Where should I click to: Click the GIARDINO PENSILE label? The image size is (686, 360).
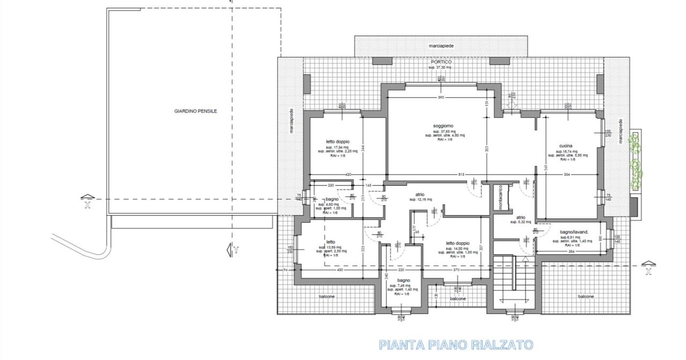coord(196,111)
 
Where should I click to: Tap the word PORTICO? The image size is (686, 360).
coord(440,62)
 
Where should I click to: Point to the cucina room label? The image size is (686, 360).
coord(566,146)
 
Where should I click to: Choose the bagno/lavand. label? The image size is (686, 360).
coord(575,232)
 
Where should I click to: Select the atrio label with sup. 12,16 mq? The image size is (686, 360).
coord(420,194)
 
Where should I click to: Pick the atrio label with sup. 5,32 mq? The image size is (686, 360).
coord(520,217)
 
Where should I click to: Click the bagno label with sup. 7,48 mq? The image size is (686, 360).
coord(404,280)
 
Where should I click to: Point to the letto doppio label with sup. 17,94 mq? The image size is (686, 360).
coord(338,142)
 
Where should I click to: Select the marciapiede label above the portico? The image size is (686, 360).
coord(441,47)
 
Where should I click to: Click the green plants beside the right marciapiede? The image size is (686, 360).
coord(635,161)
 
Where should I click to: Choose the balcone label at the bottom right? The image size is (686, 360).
coord(585,297)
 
